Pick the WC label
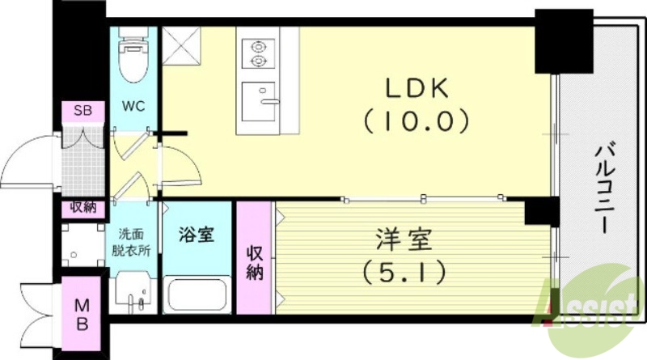click(134, 106)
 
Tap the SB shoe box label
click(82, 111)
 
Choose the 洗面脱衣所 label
click(131, 241)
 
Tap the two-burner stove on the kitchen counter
click(259, 53)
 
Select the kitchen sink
click(259, 100)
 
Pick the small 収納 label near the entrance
click(83, 208)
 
